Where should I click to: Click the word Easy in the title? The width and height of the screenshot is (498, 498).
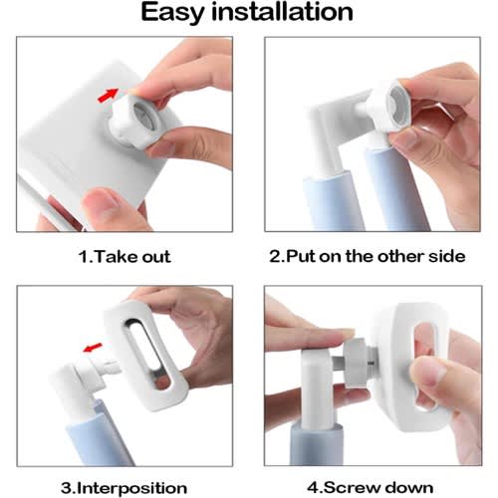(x=172, y=13)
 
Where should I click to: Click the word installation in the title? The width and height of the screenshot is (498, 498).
(x=282, y=12)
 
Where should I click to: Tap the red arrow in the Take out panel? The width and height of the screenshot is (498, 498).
(x=109, y=95)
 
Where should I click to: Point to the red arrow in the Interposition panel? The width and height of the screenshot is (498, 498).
(x=93, y=348)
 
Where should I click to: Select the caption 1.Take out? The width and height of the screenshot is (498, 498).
(x=124, y=257)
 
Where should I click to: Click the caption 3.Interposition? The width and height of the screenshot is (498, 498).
(x=124, y=488)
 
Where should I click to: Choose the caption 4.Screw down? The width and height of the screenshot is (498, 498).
(x=371, y=488)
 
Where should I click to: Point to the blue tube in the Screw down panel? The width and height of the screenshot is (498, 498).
(x=316, y=444)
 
